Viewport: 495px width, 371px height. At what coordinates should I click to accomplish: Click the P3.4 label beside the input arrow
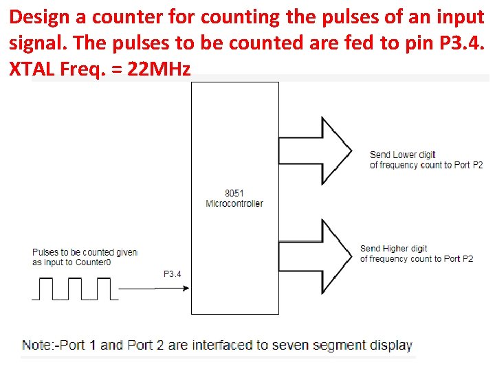point(173,274)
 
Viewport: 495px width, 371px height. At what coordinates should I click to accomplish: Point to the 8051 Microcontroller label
point(234,198)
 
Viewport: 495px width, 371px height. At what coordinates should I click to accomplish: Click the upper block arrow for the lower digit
point(314,150)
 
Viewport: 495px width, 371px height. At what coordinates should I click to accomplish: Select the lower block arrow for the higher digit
point(314,256)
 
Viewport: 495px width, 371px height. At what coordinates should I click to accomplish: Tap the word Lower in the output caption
point(404,155)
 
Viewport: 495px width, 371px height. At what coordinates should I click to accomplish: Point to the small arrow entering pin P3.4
point(172,289)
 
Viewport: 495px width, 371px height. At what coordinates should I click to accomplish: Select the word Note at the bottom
point(36,345)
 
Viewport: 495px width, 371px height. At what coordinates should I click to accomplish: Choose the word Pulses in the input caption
point(45,252)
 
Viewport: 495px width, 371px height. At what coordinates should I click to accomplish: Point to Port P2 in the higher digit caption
point(459,258)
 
